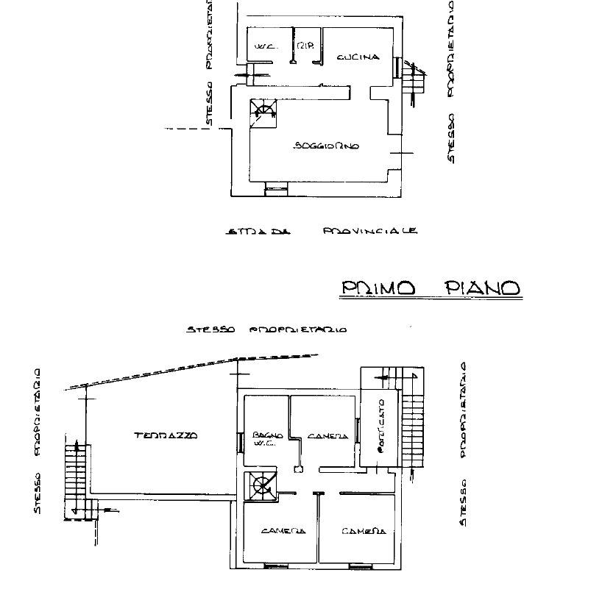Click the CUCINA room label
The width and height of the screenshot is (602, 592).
pos(358,57)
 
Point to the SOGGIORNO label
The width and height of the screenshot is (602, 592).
pos(326,146)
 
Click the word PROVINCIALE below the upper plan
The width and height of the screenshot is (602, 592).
pos(370,231)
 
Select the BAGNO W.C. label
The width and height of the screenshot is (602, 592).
pos(263,438)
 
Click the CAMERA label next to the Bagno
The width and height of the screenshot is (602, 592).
pos(327,436)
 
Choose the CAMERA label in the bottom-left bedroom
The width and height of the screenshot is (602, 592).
pos(283,530)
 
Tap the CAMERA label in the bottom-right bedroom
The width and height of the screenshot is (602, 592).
pos(359,530)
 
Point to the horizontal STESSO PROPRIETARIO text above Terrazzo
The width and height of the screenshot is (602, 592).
pos(266,330)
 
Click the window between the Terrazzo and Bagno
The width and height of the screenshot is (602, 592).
pos(241,443)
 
